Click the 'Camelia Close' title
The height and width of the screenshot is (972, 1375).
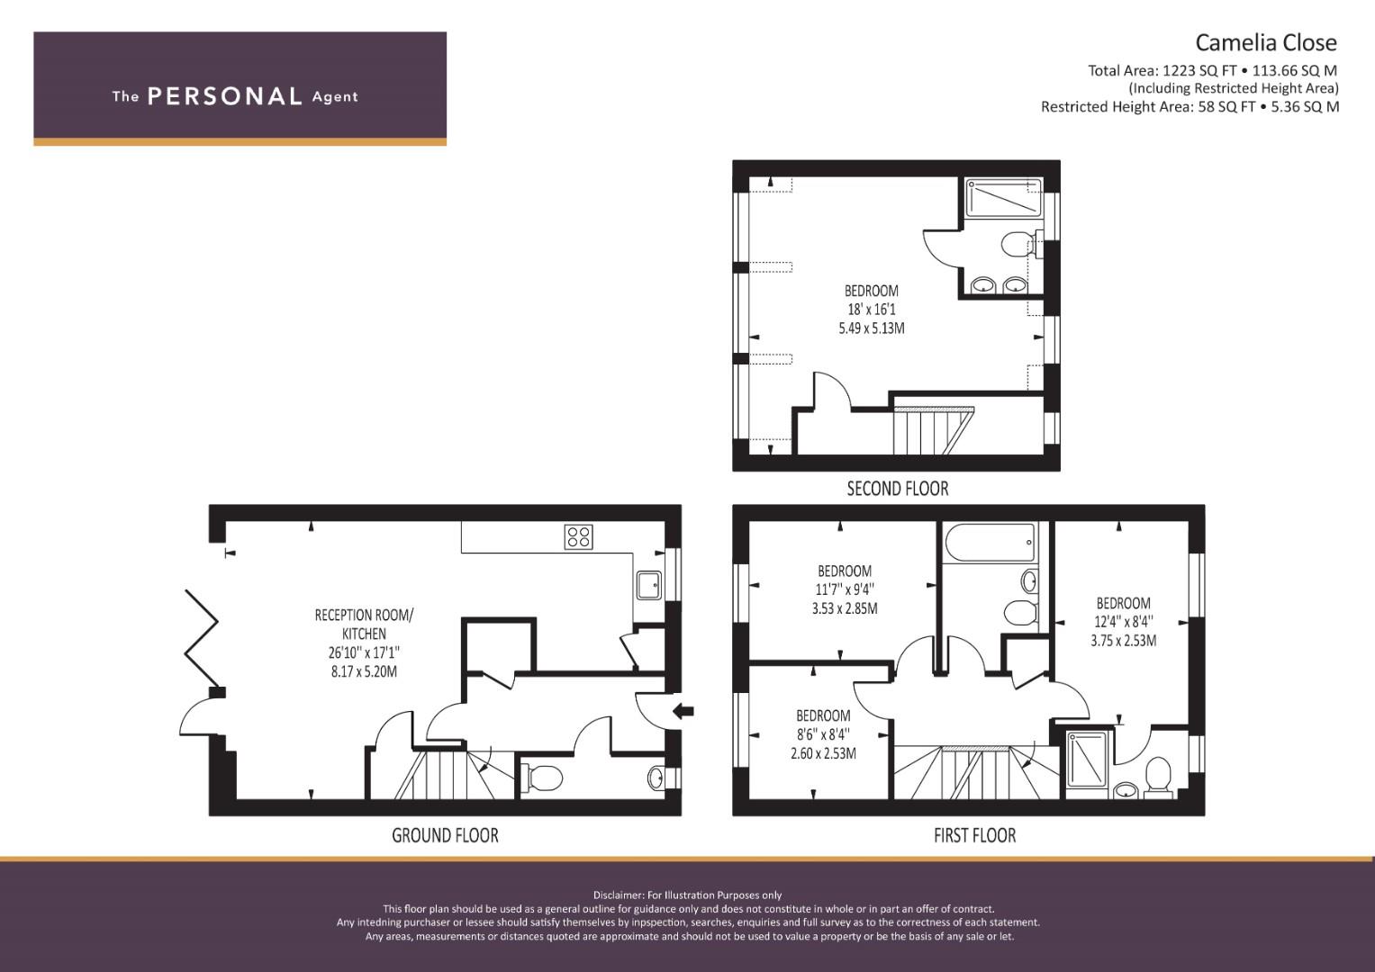pos(1266,42)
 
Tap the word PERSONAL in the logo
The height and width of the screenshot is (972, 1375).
pos(225,96)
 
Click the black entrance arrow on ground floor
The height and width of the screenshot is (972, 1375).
pos(683,711)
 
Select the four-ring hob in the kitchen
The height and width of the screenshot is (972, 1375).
pos(578,536)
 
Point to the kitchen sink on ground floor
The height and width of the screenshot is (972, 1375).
pos(648,585)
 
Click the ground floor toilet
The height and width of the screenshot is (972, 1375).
pos(541,778)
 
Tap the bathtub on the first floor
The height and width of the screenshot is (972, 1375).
pos(991,543)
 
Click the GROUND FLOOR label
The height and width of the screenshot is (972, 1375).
pos(445,835)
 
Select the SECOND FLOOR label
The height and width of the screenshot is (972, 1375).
pos(898,489)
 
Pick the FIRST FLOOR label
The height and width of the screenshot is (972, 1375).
pos(975,835)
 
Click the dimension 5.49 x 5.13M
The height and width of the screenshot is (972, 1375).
pos(872,328)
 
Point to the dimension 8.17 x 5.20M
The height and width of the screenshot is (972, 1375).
pos(364,671)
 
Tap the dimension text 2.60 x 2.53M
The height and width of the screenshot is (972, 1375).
pos(823,753)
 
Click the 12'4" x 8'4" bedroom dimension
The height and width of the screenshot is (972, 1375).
pos(1124,622)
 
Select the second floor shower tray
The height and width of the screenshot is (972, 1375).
pos(1004,198)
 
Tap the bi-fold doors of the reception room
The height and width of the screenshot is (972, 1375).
pos(202,638)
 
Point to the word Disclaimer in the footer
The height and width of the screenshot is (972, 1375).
pos(618,895)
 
